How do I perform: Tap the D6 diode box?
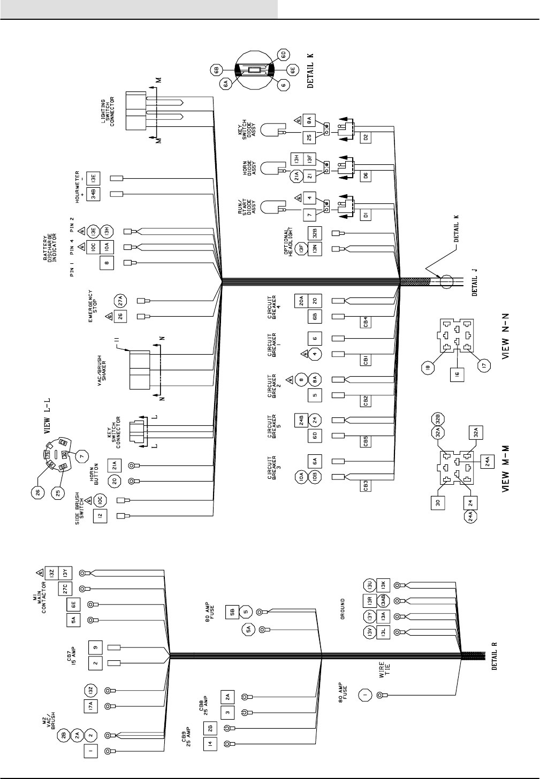[366, 175]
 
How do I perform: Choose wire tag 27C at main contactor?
[64, 589]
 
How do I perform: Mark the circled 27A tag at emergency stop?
[120, 300]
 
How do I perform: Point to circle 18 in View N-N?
[428, 369]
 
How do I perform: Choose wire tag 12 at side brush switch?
[100, 516]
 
